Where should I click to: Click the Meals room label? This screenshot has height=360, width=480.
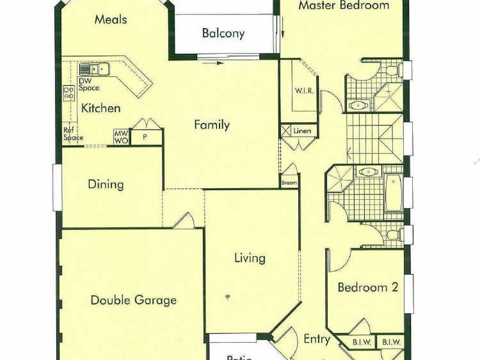click(111, 19)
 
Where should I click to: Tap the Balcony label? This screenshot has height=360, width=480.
click(223, 33)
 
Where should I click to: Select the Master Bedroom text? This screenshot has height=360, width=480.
click(344, 6)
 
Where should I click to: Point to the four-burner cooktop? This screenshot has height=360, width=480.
click(69, 92)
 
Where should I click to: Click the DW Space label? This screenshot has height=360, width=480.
click(89, 85)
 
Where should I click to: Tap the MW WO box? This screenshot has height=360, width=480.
click(121, 137)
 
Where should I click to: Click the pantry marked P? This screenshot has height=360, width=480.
click(145, 137)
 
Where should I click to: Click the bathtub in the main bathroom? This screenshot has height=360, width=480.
click(394, 193)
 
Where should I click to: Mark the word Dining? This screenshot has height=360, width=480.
click(106, 184)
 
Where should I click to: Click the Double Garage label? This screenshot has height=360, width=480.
click(133, 300)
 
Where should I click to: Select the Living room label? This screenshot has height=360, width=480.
click(250, 258)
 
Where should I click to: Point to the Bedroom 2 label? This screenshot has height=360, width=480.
click(368, 287)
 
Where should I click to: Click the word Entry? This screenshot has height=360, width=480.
click(316, 339)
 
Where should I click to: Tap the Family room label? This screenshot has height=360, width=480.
click(211, 125)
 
